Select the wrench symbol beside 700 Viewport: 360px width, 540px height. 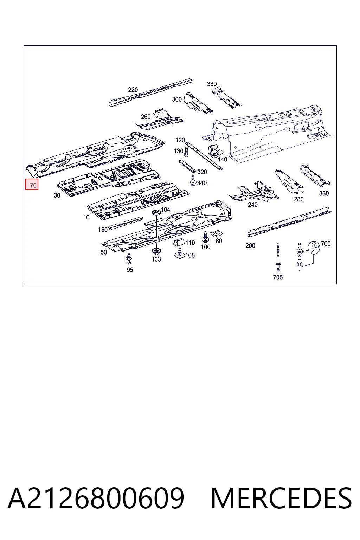click(x=314, y=247)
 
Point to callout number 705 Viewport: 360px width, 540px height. click(x=277, y=277)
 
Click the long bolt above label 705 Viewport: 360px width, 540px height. click(x=278, y=257)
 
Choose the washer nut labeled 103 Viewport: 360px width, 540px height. click(x=156, y=251)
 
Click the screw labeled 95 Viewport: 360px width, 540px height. click(x=129, y=259)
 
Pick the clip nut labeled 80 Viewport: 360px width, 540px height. click(x=217, y=233)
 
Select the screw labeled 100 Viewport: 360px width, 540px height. click(x=205, y=237)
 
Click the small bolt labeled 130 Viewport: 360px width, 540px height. click(x=186, y=152)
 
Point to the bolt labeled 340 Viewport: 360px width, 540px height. click(x=193, y=181)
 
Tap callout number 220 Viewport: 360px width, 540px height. click(x=133, y=90)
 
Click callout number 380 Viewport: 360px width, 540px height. click(x=212, y=84)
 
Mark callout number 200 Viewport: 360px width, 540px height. click(x=250, y=246)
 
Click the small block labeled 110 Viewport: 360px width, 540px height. click(x=179, y=243)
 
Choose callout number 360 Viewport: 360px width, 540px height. click(x=324, y=193)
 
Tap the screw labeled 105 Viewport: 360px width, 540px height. click(x=180, y=253)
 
